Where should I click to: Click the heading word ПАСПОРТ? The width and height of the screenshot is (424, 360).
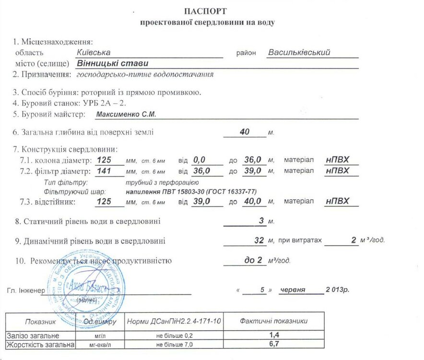point(205,11)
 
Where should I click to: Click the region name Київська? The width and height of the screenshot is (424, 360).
point(94,52)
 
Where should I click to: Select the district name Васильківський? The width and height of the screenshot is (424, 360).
point(299,52)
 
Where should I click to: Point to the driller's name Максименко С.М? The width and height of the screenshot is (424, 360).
point(126,114)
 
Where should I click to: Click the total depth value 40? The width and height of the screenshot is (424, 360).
point(245,132)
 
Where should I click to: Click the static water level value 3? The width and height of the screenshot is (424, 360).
point(261,221)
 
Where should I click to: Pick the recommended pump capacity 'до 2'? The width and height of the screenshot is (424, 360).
point(253,260)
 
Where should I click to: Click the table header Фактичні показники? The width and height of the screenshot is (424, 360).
point(274,321)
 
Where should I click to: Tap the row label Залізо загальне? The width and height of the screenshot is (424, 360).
point(33,335)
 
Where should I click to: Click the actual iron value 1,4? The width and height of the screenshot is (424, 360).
point(274,335)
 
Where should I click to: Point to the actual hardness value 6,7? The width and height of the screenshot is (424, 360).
point(274,344)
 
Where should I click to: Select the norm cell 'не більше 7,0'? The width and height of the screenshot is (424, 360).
point(174,345)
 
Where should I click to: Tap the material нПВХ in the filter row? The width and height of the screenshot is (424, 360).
point(337,171)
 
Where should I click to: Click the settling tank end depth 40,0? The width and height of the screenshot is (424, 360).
point(252,201)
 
